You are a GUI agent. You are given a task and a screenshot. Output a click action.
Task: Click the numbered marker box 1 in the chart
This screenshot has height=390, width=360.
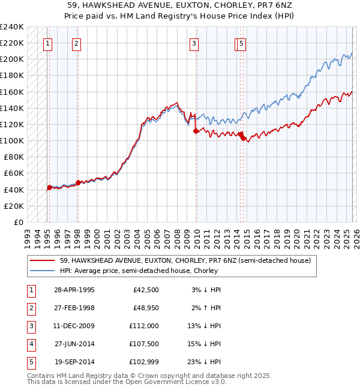[x=47, y=43]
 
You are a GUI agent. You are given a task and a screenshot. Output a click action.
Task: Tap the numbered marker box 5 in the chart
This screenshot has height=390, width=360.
[x=241, y=43]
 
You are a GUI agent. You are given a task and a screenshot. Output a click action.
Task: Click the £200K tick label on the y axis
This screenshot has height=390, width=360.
[x=12, y=59]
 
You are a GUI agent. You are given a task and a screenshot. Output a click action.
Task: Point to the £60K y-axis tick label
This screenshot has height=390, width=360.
[x=14, y=173]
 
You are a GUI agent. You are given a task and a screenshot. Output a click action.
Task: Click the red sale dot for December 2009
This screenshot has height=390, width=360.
[x=196, y=131]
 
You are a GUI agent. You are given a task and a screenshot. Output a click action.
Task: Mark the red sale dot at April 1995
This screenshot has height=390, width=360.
[x=49, y=187]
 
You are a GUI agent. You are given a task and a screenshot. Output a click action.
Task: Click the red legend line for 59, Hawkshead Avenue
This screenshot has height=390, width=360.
[x=43, y=261]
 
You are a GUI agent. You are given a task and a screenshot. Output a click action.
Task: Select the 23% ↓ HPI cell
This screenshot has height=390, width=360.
[x=205, y=362]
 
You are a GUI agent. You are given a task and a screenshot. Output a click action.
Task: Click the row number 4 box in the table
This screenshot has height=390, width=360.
[x=30, y=344]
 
